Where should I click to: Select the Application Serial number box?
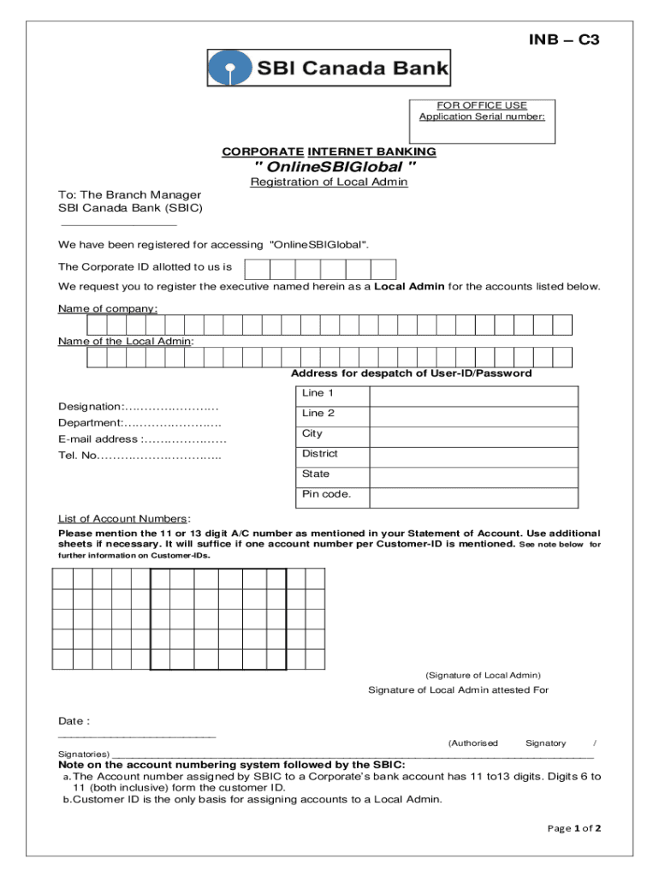pos(482,122)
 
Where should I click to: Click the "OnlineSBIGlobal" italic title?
pos(329,166)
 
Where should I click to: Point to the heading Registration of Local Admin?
pos(329,182)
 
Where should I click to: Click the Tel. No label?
pos(78,456)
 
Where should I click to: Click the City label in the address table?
pos(312,434)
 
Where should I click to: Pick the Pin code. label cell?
pos(326,494)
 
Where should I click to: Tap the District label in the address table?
pos(320,454)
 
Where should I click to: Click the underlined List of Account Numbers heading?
pos(122,519)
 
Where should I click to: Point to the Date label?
pos(73,721)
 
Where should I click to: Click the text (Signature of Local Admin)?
pos(483,675)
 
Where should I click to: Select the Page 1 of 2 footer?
pos(574,828)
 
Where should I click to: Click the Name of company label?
pos(107,308)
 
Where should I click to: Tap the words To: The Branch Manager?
pos(129,194)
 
